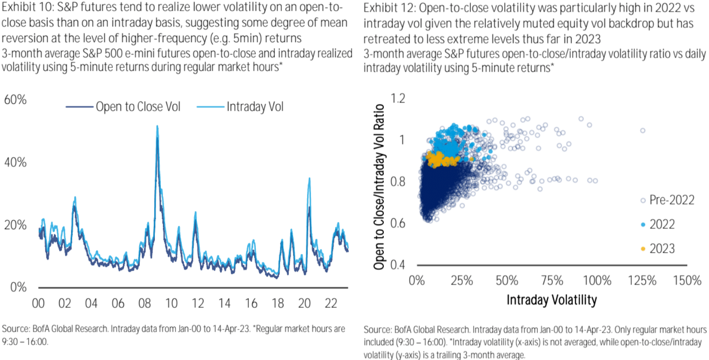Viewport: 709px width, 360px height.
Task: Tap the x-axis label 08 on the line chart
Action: click(145, 304)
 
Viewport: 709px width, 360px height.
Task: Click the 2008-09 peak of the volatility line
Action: click(157, 126)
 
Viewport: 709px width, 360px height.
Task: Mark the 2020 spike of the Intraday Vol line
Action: click(309, 179)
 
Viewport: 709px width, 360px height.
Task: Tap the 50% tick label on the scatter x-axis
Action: click(506, 281)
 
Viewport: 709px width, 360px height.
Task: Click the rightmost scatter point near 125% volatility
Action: click(642, 130)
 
